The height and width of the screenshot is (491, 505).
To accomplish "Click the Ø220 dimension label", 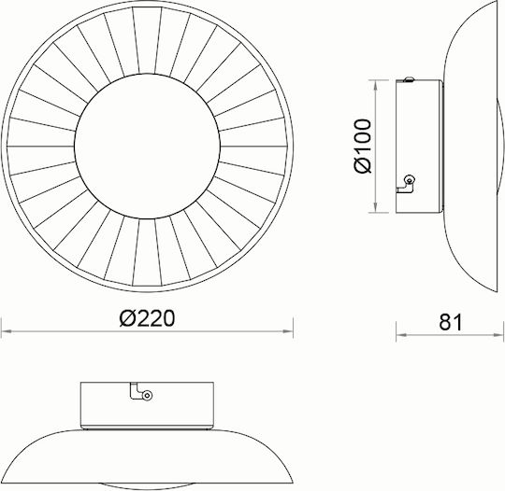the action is [x=147, y=318].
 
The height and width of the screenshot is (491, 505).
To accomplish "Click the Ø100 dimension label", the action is [x=363, y=146].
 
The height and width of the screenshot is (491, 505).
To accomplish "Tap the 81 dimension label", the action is [x=451, y=322].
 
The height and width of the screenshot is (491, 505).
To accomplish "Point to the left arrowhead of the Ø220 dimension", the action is [x=7, y=331].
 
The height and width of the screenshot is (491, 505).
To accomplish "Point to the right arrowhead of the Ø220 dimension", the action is [x=288, y=331].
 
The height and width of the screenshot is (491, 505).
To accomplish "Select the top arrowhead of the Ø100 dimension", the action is [x=376, y=85].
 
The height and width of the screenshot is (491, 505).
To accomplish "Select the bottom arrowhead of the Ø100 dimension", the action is [x=376, y=207].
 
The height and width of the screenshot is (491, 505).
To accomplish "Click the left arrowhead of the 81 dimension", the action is [x=401, y=335].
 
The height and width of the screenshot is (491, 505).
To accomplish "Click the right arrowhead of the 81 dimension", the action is [x=498, y=335].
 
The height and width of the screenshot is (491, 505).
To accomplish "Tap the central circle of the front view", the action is [x=147, y=147].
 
